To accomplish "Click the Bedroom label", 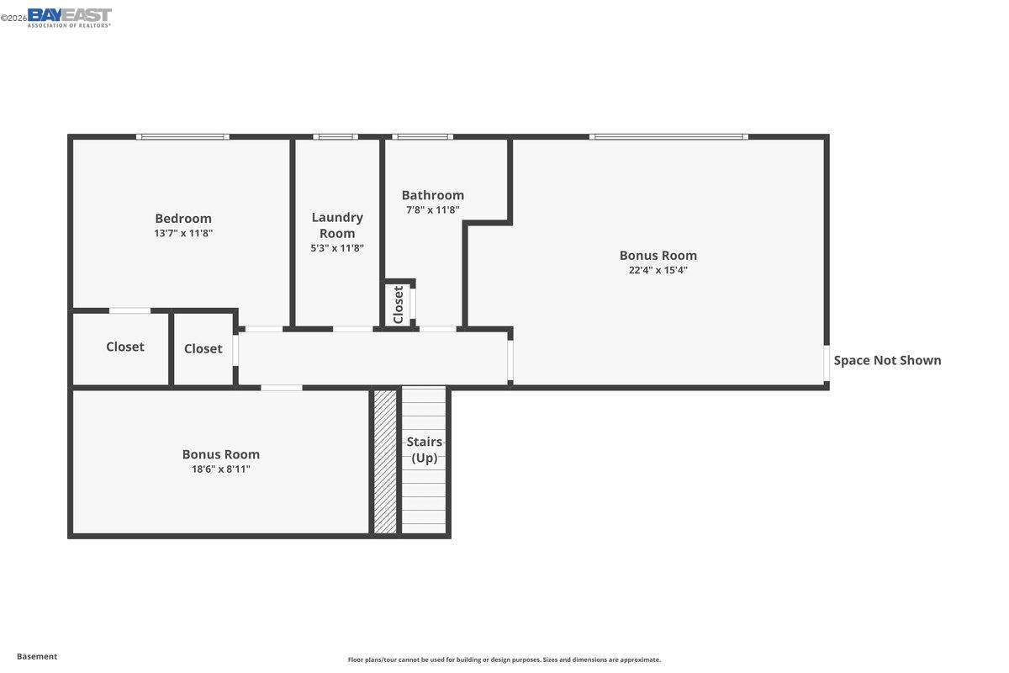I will [183, 218].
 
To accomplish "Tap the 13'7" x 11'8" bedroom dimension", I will [183, 233].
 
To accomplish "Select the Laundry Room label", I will [337, 225].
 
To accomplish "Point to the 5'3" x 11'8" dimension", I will [337, 248].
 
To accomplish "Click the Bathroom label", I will [432, 195].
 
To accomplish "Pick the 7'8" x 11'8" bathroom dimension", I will [432, 210].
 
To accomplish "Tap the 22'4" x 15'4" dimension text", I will [658, 270].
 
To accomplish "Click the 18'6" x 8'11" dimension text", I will [221, 469].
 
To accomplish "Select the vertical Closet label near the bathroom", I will [399, 304].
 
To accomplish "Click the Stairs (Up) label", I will [425, 449].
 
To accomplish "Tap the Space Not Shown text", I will [887, 360].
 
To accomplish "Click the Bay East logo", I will [69, 17].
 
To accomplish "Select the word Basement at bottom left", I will [37, 656].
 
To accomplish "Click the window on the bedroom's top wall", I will [182, 136].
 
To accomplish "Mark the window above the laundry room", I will [335, 136].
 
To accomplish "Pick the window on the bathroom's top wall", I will [422, 136].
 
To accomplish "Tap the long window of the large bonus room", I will [668, 136].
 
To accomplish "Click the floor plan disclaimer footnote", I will [504, 660].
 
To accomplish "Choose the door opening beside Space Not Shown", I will [827, 363].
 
